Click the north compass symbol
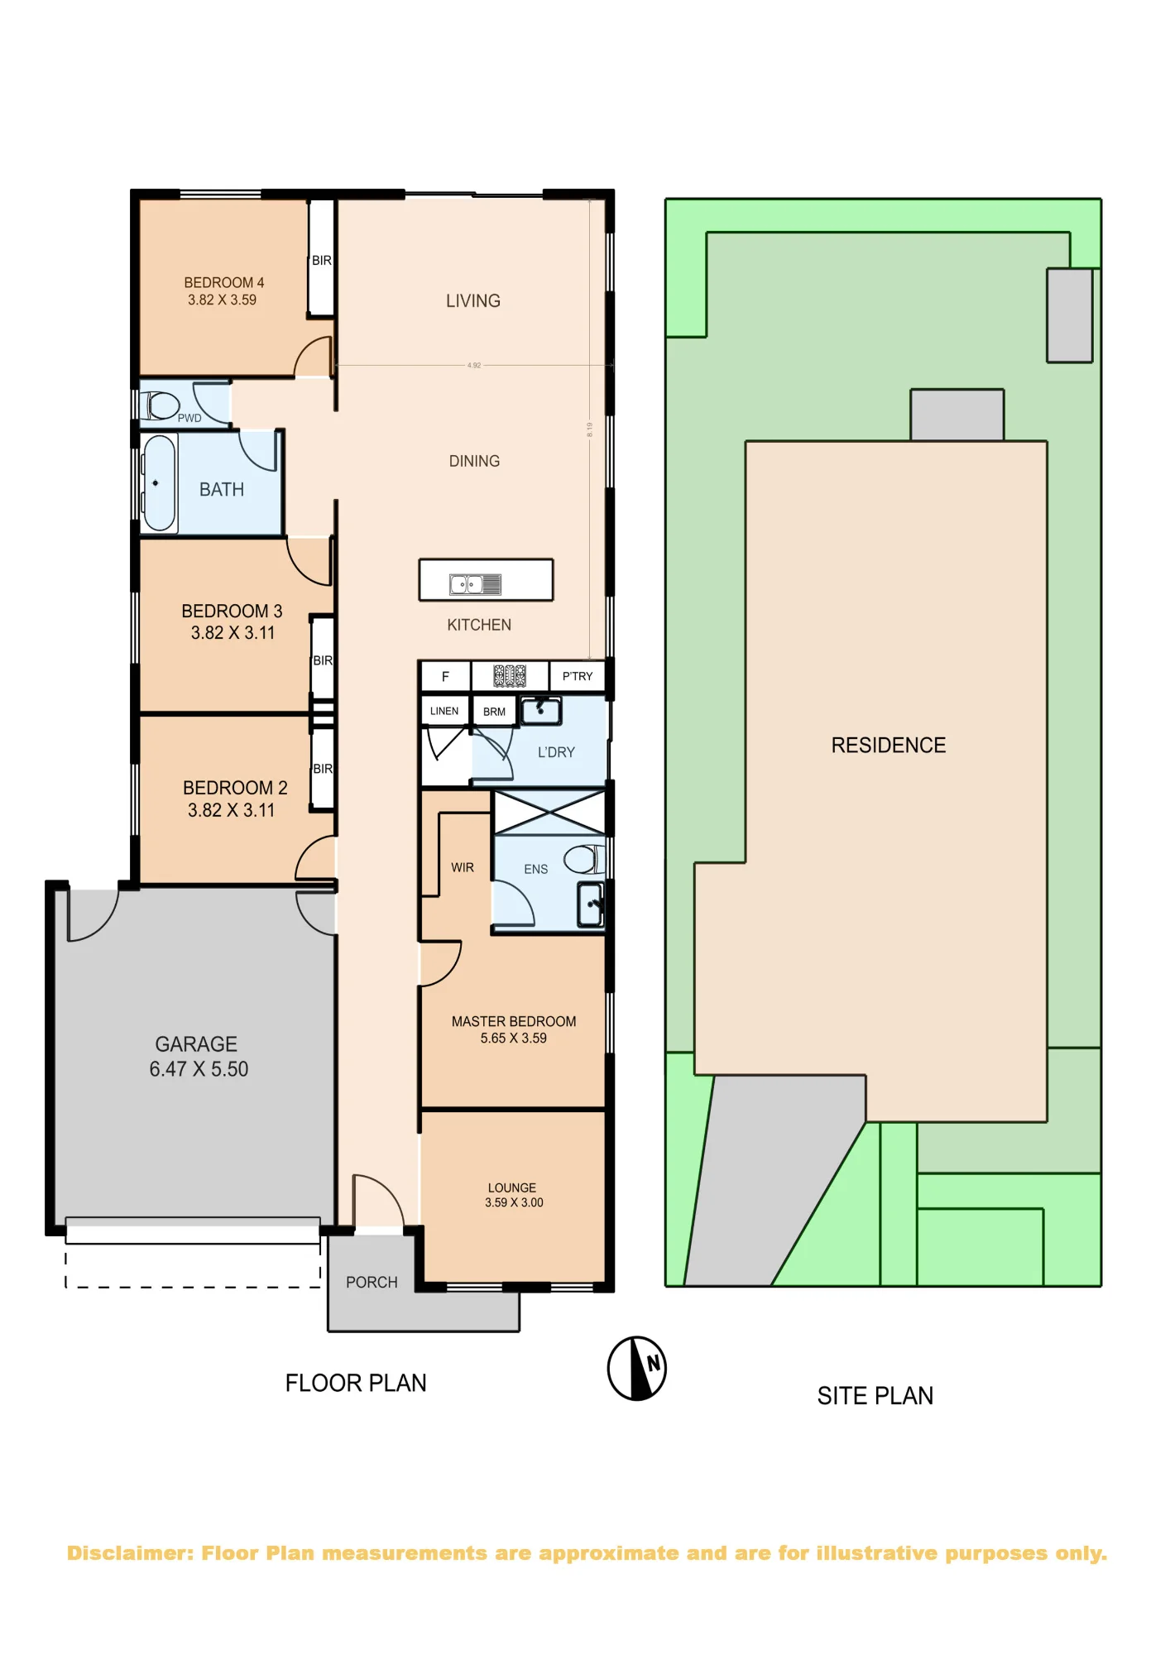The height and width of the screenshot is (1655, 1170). [636, 1368]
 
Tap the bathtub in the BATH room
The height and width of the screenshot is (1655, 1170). [159, 483]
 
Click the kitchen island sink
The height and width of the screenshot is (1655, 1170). [475, 584]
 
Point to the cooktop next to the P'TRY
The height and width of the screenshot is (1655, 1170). [510, 676]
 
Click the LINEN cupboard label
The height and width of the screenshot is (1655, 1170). [444, 711]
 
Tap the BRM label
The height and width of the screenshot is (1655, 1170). [494, 712]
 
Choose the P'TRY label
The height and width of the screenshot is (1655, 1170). [578, 676]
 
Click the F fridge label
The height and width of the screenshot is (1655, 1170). [445, 677]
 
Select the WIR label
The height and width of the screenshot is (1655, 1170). [463, 867]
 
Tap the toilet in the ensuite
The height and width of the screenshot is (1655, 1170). [585, 859]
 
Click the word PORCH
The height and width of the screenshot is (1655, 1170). [372, 1282]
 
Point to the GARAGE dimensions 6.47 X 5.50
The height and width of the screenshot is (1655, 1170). [199, 1069]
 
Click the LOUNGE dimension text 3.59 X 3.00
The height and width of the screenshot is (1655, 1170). [514, 1202]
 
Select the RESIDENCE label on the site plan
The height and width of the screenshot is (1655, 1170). [889, 745]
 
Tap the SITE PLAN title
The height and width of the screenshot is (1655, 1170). [875, 1396]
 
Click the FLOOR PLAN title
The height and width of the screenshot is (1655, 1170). [356, 1383]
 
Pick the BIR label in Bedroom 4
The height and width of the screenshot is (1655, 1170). [322, 261]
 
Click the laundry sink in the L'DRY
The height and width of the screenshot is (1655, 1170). [541, 711]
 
